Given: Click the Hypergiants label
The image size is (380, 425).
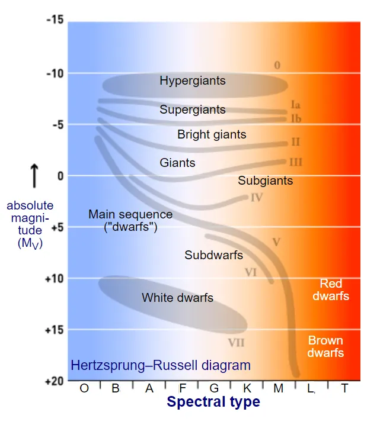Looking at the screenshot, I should click(193, 81).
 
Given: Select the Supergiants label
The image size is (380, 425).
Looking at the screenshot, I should click(193, 110).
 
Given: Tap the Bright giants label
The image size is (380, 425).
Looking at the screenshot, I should click(212, 134).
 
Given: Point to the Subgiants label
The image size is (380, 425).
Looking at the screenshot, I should click(266, 181).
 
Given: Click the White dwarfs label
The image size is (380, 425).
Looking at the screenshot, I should click(177, 298).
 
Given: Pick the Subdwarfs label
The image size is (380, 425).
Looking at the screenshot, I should click(214, 255).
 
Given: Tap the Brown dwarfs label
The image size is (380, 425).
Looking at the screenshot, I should click(325, 347).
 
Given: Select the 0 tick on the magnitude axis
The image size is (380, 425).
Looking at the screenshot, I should click(60, 176).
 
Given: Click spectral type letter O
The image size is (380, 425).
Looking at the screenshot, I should click(84, 388).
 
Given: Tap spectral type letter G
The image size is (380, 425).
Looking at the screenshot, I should click(215, 388).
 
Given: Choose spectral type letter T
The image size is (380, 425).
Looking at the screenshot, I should click(345, 388).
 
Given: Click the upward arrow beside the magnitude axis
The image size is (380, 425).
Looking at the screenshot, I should click(34, 176).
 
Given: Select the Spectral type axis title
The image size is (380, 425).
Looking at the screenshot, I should click(213, 403).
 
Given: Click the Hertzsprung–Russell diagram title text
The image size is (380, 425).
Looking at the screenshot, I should click(161, 365).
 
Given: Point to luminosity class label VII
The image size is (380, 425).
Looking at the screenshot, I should click(236, 343).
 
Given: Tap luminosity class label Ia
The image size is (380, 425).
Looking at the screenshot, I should click(296, 105).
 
